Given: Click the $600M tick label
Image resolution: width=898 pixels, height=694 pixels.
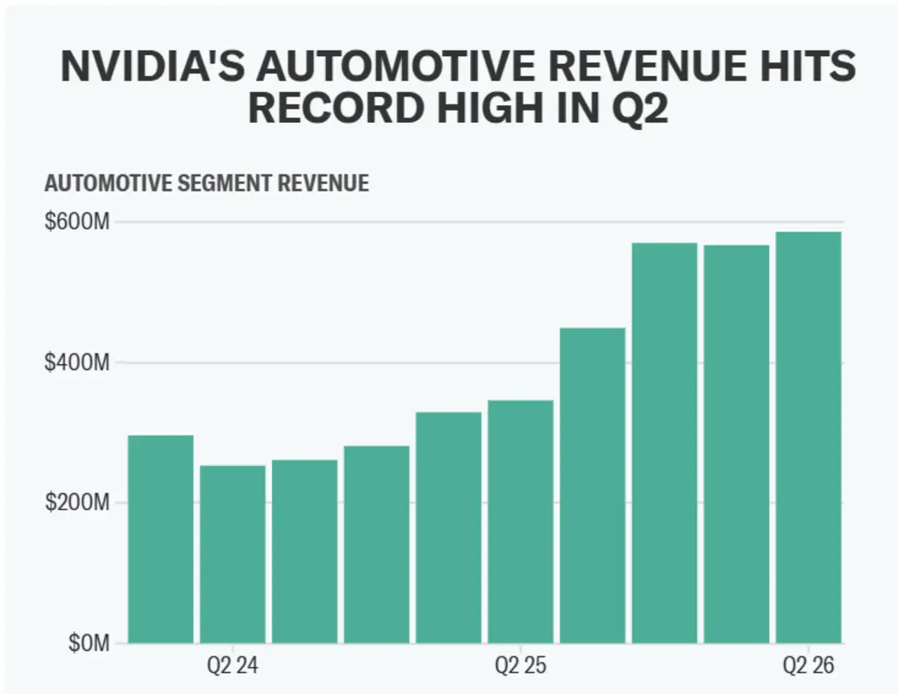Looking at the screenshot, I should pyautogui.click(x=77, y=222).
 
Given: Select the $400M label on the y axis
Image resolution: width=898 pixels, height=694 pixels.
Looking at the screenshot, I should pyautogui.click(x=77, y=362).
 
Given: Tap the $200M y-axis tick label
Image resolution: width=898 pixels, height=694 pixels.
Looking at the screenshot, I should pyautogui.click(x=77, y=503).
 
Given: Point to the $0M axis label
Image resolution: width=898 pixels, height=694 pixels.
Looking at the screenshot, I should pyautogui.click(x=89, y=643).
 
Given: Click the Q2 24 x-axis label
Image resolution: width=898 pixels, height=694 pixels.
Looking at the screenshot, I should pyautogui.click(x=232, y=666).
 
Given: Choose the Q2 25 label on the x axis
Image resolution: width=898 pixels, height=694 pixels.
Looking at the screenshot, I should pyautogui.click(x=520, y=666).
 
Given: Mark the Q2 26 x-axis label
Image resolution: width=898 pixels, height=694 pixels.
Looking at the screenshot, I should pyautogui.click(x=809, y=666).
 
